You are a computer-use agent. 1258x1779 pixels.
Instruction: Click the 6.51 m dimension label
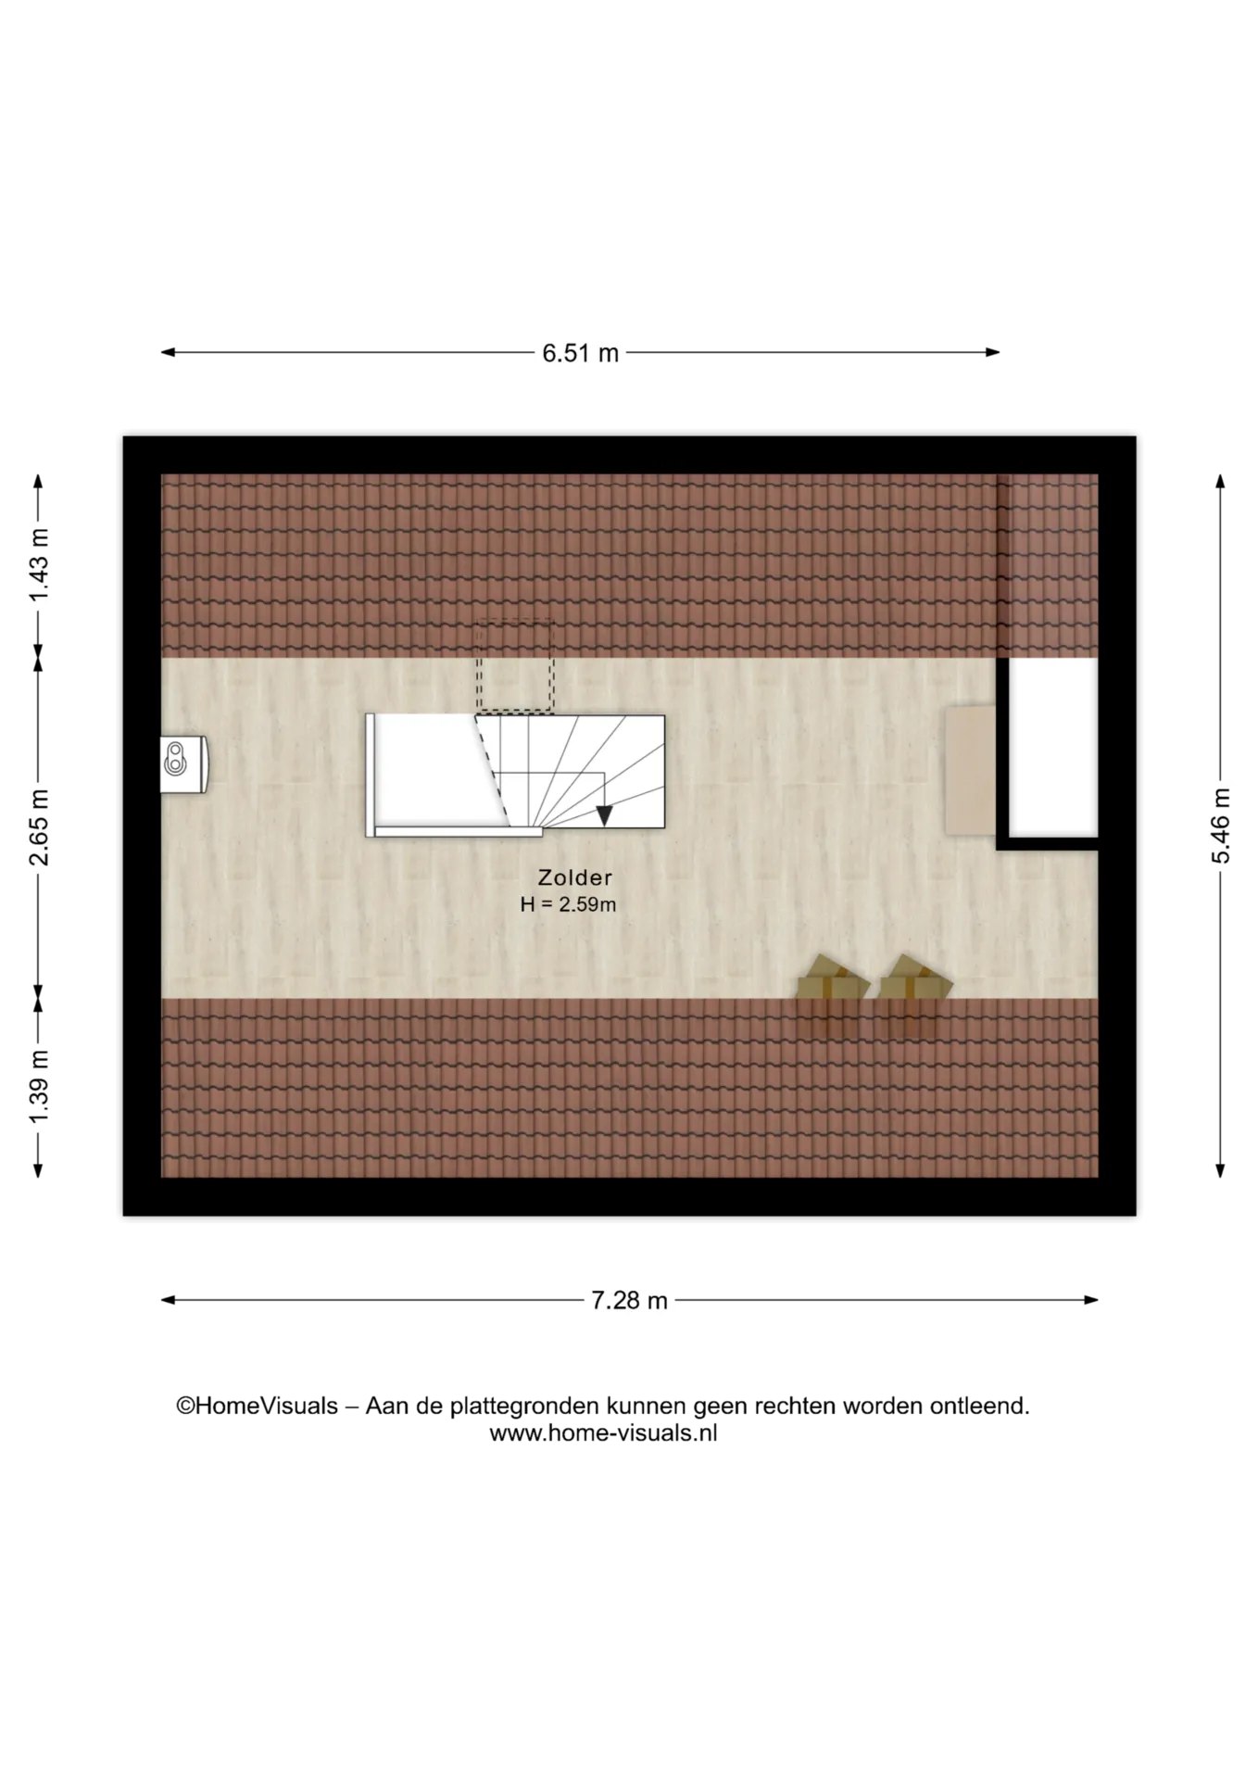point(580,353)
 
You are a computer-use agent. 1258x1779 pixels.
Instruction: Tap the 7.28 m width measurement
point(629,1301)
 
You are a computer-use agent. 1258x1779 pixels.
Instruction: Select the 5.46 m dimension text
point(1221,826)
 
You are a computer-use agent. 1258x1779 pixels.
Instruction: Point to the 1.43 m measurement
point(38,565)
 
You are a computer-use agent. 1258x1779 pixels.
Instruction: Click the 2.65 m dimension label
point(38,827)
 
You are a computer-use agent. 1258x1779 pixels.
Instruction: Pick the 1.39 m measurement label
point(38,1087)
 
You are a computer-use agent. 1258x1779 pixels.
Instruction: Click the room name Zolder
point(575,877)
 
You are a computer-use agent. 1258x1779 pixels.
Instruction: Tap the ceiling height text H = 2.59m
point(568,904)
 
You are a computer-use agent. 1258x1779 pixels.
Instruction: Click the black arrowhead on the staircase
point(604,815)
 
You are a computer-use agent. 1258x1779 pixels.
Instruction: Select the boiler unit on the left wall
point(183,764)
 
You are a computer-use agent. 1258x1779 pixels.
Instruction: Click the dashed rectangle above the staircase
point(514,666)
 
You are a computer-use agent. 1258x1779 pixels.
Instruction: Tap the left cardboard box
point(833,978)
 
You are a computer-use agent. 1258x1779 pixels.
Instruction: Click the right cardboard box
point(915,978)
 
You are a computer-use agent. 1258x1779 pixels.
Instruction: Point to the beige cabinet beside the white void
point(971,770)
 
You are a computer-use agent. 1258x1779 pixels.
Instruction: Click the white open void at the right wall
point(1052,747)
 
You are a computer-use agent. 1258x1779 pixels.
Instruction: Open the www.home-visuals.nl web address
point(603,1433)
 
